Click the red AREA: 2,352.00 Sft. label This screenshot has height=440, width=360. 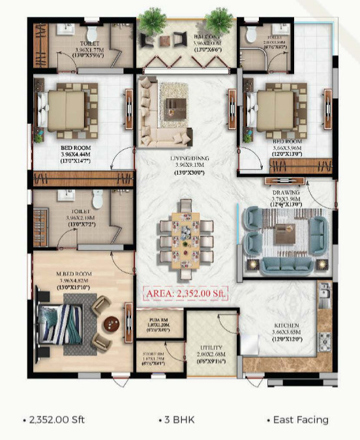[x=185, y=294]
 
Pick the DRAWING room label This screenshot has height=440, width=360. [x=286, y=193]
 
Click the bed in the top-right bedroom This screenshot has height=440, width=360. [x=275, y=108]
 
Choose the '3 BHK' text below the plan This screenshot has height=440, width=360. [x=177, y=420]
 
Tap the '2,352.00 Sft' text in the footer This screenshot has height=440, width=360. [x=56, y=420]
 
